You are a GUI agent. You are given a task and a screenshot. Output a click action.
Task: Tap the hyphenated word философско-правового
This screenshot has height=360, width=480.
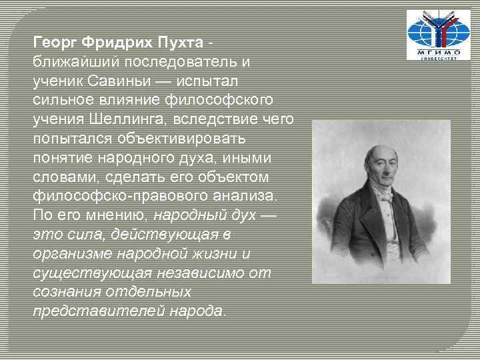(x=104, y=196)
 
